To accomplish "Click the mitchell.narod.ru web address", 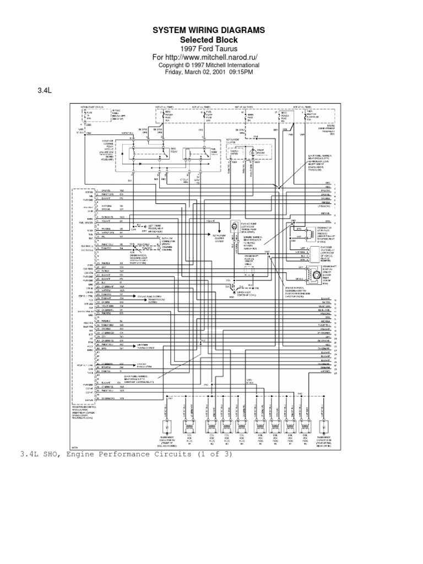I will tap(220, 57).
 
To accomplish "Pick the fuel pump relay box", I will tap(196, 154).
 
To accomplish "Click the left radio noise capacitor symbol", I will tap(165, 427).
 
